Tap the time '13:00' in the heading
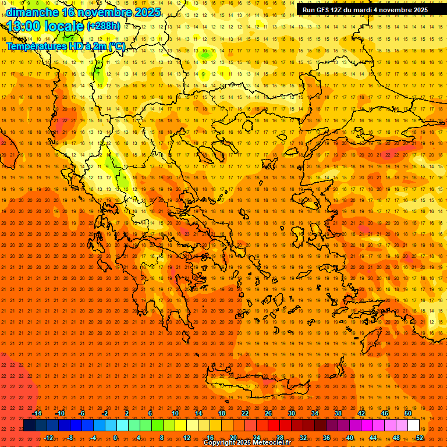click(x=24, y=26)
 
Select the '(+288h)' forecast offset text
click(x=104, y=26)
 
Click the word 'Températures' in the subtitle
click(x=35, y=46)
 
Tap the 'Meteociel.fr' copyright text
click(x=267, y=443)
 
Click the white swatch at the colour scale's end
click(x=413, y=425)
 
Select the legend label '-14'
click(x=37, y=413)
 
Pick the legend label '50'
click(x=408, y=413)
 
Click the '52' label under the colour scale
click(x=420, y=438)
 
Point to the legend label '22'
click(x=245, y=413)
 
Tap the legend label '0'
click(x=115, y=438)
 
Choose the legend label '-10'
click(x=59, y=413)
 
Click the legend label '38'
click(x=338, y=413)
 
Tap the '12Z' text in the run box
click(x=336, y=10)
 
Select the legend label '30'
click(x=292, y=413)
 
